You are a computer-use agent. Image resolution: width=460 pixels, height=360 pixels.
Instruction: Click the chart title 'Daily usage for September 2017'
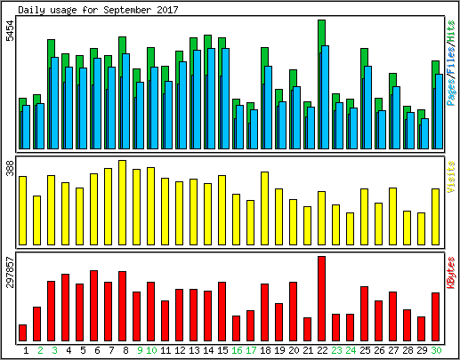click(x=98, y=10)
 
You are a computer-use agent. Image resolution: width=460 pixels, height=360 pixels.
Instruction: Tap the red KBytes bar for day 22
click(x=321, y=299)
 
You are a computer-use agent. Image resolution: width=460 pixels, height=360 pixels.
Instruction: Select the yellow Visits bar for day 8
click(x=122, y=203)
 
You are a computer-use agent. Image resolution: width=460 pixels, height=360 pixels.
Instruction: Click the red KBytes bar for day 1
click(x=22, y=333)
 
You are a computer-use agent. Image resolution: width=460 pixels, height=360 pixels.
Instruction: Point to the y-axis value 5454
click(x=10, y=30)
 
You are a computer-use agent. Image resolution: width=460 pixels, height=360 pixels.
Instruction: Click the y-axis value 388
click(x=10, y=168)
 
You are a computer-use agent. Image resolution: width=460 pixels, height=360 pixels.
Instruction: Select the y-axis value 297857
click(x=10, y=272)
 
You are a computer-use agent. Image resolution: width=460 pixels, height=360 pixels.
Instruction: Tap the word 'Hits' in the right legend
click(x=451, y=31)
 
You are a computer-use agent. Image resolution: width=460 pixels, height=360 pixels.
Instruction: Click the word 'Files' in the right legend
click(x=451, y=61)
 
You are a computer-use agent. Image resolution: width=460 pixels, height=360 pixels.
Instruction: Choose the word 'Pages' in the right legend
click(x=451, y=93)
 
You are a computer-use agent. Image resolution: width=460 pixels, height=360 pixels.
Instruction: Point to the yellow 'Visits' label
click(x=451, y=177)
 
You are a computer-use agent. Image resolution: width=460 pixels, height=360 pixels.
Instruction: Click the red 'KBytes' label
click(x=451, y=273)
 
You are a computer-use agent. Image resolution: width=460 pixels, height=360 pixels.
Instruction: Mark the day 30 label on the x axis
click(x=436, y=350)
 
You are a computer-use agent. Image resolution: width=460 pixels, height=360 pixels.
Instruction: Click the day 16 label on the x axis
click(x=237, y=350)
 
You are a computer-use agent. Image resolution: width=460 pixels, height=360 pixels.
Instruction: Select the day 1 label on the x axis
click(x=26, y=350)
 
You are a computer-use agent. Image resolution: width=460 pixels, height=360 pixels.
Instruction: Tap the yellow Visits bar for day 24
click(x=350, y=228)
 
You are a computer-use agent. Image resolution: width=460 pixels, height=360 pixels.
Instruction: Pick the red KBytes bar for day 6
click(x=93, y=306)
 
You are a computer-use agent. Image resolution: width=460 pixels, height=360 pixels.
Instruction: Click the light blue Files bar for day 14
click(x=211, y=99)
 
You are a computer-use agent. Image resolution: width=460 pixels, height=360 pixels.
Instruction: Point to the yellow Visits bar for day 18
click(x=264, y=208)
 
